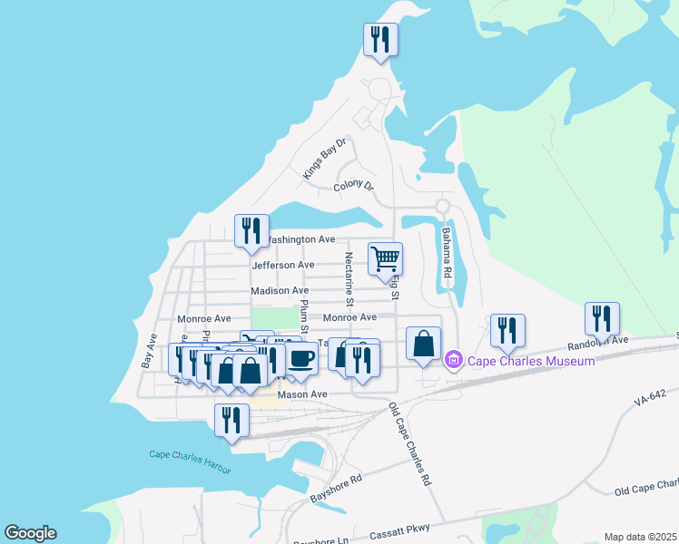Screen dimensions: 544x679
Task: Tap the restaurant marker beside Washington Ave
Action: coord(251,230)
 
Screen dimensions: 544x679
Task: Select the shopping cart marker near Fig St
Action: coord(385,258)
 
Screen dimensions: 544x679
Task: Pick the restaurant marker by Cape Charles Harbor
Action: coord(231,420)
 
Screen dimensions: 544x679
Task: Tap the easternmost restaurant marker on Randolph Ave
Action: coord(602,318)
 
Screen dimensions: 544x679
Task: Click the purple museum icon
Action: coord(455,361)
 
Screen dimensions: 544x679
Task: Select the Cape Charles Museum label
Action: coord(531,361)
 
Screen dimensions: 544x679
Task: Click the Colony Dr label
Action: coord(353,186)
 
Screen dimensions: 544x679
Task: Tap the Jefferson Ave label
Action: coord(283,265)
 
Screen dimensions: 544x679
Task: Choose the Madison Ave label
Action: coord(280,290)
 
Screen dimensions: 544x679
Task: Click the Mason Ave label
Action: coord(302,394)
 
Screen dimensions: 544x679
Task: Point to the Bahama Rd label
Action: coord(446,251)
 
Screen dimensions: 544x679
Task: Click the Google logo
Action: coord(30,533)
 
